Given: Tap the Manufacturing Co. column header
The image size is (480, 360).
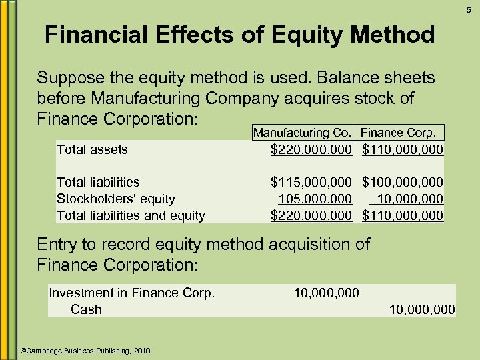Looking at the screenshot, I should [x=302, y=133].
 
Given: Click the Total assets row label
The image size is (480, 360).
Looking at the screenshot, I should [x=92, y=149].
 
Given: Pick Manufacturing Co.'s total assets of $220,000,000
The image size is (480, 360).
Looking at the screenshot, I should [x=311, y=149].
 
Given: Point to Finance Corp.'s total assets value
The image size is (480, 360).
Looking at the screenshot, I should [x=403, y=149].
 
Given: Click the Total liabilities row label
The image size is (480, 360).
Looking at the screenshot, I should [x=98, y=182].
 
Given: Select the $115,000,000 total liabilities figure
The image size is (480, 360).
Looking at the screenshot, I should [x=311, y=182].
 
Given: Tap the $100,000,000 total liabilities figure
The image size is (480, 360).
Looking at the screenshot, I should [x=403, y=182].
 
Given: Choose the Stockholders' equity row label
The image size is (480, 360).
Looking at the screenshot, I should [x=115, y=199].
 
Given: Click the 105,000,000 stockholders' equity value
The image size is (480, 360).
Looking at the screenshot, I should [x=315, y=199].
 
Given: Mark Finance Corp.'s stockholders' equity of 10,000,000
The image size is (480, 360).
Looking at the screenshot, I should [x=409, y=199].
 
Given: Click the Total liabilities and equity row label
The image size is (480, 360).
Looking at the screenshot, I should [x=131, y=215].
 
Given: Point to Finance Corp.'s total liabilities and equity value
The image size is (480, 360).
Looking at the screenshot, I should [x=403, y=215].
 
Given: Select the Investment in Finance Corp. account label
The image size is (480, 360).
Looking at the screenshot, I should [x=132, y=293].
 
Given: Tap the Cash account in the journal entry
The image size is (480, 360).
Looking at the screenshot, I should [x=86, y=309].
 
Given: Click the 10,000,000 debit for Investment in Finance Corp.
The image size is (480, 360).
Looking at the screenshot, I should [x=326, y=293].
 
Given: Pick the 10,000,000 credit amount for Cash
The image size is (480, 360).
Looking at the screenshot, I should [x=422, y=309].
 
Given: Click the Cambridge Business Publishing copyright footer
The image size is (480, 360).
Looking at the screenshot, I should [x=86, y=351].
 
